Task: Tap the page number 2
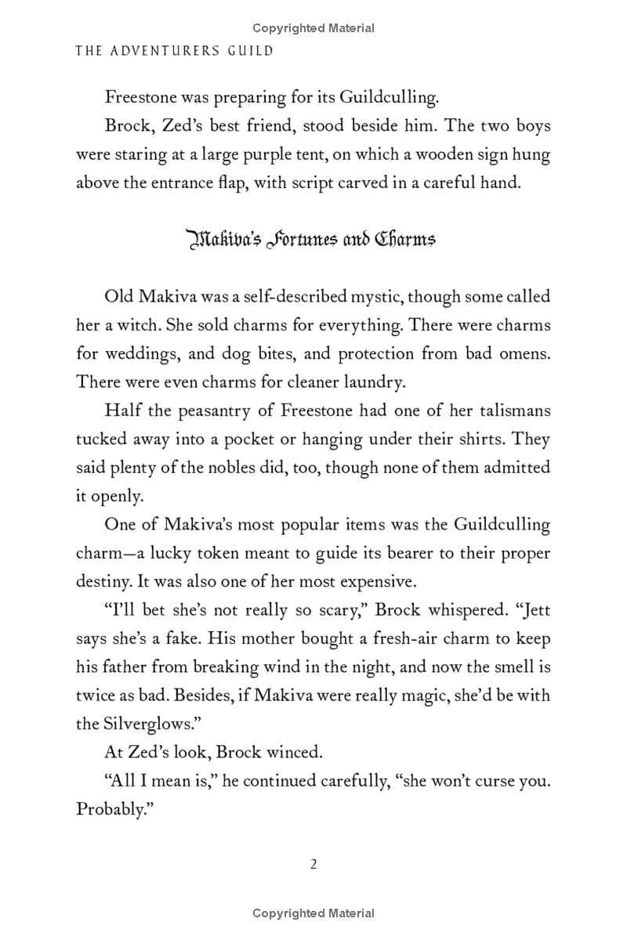point(313,865)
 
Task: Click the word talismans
point(509,410)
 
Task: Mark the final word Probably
point(113,809)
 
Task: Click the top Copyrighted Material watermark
point(313,28)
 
